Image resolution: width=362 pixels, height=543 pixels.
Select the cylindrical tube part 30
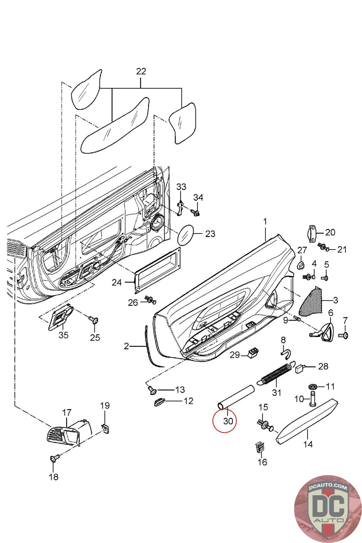(x=236, y=396)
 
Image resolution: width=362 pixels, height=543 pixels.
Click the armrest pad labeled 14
(x=305, y=421)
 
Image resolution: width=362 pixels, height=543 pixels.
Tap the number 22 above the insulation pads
(x=141, y=72)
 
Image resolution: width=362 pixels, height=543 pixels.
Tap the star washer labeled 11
(x=312, y=387)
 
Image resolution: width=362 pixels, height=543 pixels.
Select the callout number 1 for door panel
(x=265, y=222)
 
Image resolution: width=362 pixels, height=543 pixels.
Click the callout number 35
(x=63, y=335)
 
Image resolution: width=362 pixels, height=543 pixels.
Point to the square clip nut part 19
(x=105, y=429)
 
